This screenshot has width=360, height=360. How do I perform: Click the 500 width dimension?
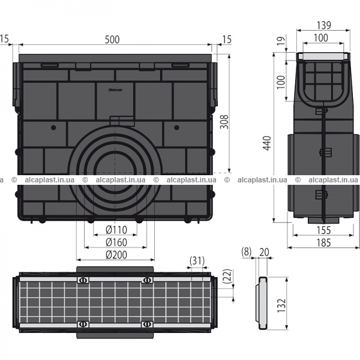click(x=112, y=40)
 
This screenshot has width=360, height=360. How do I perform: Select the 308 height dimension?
click(x=224, y=121)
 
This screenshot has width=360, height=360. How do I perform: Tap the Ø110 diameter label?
click(x=116, y=230)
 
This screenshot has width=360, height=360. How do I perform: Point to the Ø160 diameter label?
click(x=116, y=242)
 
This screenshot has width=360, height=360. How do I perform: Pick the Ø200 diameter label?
click(x=116, y=255)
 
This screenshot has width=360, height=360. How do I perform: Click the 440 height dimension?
click(x=267, y=143)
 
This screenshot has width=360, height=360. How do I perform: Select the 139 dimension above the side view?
click(x=324, y=25)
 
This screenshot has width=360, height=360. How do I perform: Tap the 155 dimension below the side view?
click(x=323, y=230)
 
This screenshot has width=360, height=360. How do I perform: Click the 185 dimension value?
click(x=323, y=242)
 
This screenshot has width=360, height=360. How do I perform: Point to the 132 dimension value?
click(x=281, y=305)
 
